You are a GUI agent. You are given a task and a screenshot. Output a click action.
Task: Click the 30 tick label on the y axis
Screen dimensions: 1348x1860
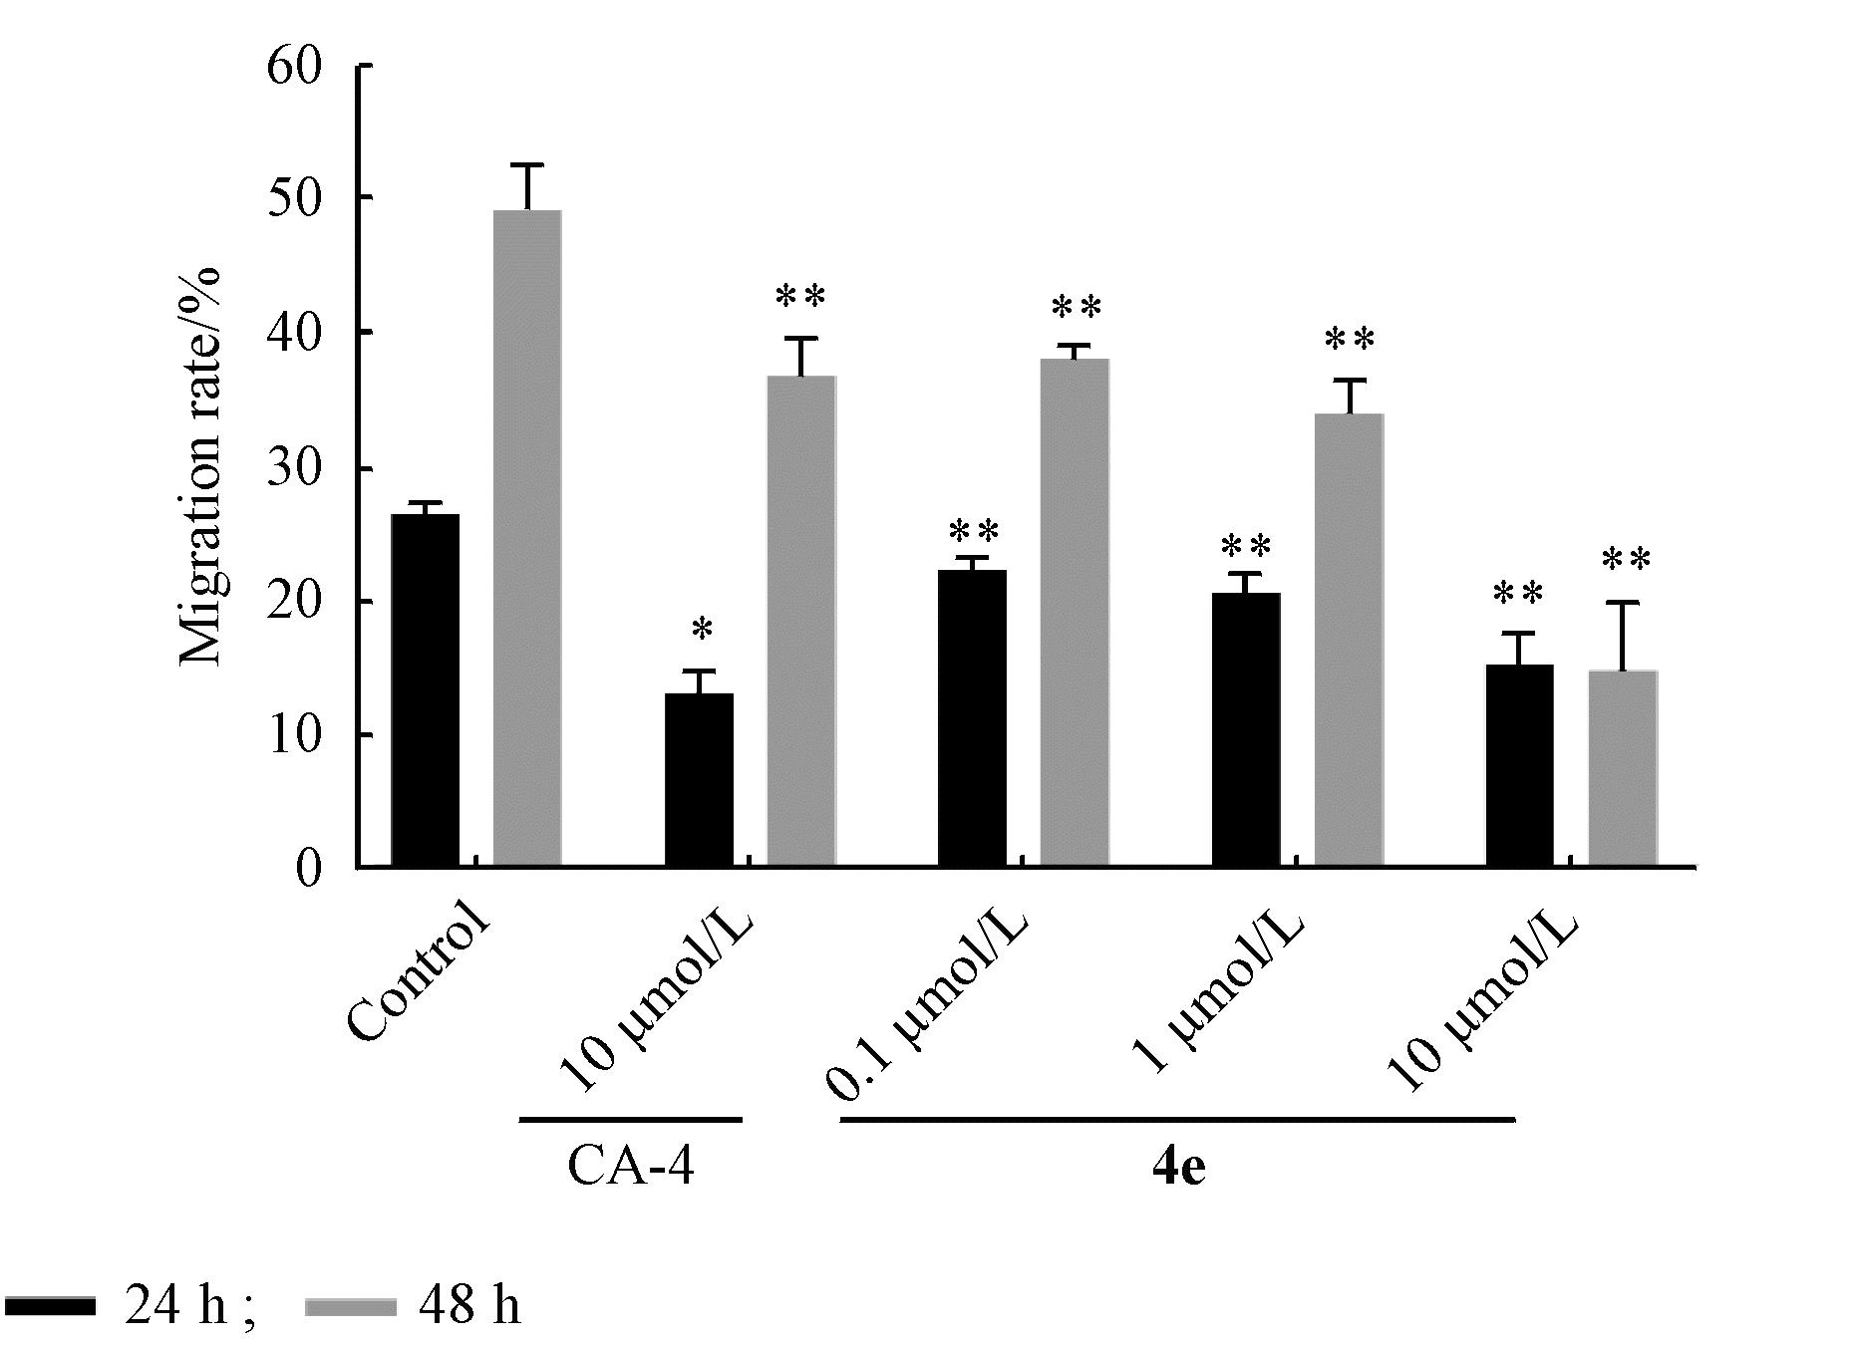pyautogui.click(x=295, y=468)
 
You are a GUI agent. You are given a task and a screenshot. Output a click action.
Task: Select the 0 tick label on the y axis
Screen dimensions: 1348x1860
pyautogui.click(x=309, y=868)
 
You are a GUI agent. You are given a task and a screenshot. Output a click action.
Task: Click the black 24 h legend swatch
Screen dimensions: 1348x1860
pyautogui.click(x=50, y=1305)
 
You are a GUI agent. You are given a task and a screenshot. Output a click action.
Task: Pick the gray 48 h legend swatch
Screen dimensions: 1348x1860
pyautogui.click(x=350, y=1305)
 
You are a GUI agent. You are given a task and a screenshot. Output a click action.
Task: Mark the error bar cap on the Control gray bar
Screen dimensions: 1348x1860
pyautogui.click(x=528, y=164)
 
